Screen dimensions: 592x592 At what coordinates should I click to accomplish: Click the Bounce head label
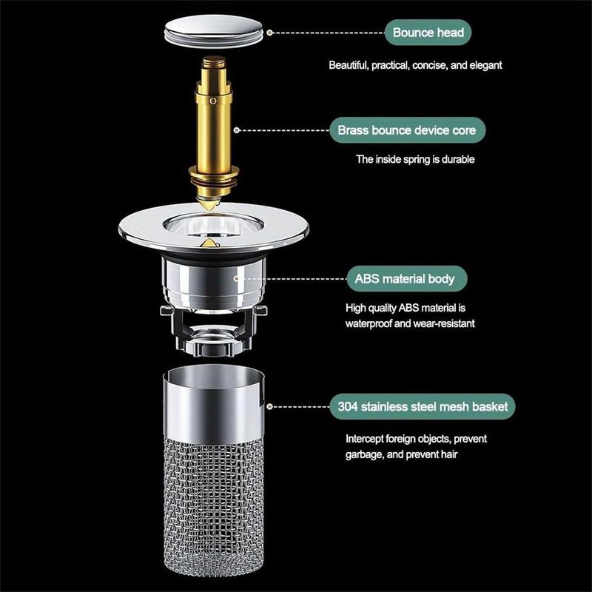click(428, 33)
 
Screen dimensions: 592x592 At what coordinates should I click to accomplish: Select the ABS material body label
click(409, 280)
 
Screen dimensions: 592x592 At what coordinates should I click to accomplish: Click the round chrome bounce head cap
click(213, 33)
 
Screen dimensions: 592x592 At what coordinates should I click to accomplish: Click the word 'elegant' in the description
click(485, 65)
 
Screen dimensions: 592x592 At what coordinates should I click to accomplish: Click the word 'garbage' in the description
click(365, 454)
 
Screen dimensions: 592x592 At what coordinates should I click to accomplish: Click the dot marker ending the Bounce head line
click(269, 33)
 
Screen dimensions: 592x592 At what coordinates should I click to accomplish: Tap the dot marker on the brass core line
click(237, 130)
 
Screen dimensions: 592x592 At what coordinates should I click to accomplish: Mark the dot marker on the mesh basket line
click(269, 406)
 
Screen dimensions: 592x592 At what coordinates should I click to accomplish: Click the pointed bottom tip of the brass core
click(210, 202)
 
